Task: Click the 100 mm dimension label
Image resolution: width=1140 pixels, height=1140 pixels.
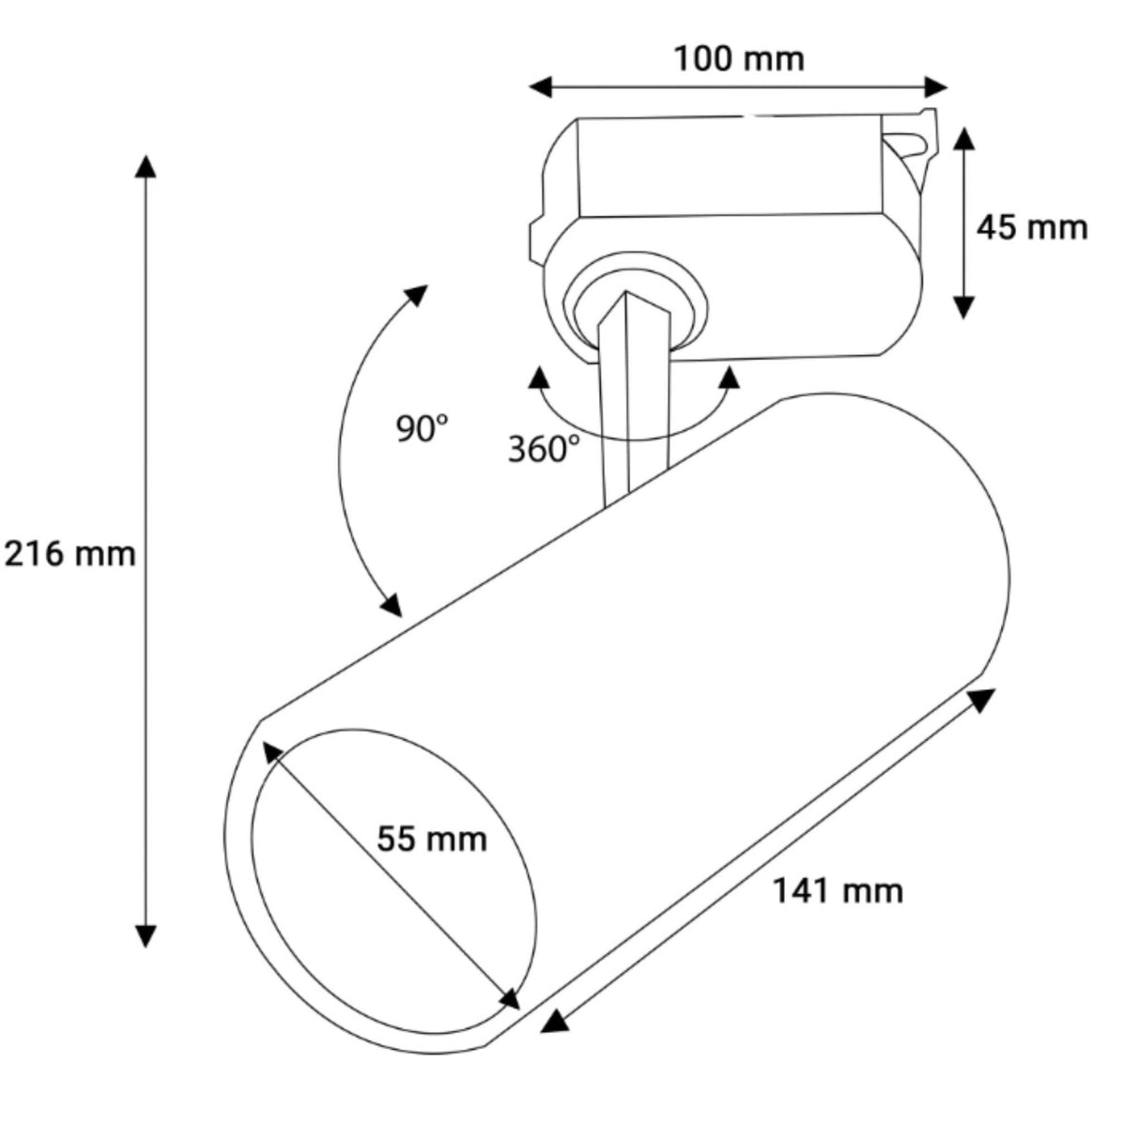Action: pyautogui.click(x=739, y=60)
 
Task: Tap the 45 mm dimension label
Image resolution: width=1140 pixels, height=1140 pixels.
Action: pyautogui.click(x=1032, y=228)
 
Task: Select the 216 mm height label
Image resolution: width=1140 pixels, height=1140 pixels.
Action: pyautogui.click(x=69, y=554)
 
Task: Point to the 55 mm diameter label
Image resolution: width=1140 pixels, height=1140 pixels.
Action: pyautogui.click(x=432, y=839)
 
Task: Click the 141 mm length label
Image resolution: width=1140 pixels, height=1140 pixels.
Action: pyautogui.click(x=839, y=891)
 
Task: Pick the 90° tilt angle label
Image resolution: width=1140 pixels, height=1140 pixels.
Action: pyautogui.click(x=422, y=428)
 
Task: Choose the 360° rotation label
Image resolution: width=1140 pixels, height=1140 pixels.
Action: pyautogui.click(x=544, y=449)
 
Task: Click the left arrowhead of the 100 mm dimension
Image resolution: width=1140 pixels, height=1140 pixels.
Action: pyautogui.click(x=541, y=87)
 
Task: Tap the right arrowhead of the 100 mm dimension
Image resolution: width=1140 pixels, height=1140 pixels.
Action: pyautogui.click(x=935, y=87)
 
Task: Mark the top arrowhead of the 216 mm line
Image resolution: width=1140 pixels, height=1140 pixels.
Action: pyautogui.click(x=146, y=167)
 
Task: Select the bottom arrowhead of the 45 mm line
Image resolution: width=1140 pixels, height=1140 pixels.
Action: pyautogui.click(x=965, y=308)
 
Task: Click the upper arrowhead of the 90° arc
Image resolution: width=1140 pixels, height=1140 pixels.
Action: pyautogui.click(x=415, y=295)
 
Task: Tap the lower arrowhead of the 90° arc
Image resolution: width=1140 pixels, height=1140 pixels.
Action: pyautogui.click(x=392, y=605)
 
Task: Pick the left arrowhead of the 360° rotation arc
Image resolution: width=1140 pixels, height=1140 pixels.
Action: pyautogui.click(x=538, y=377)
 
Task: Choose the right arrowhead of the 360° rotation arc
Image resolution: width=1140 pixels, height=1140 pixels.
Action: pyautogui.click(x=729, y=377)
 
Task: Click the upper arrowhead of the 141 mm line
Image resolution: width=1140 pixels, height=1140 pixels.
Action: pyautogui.click(x=981, y=701)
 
